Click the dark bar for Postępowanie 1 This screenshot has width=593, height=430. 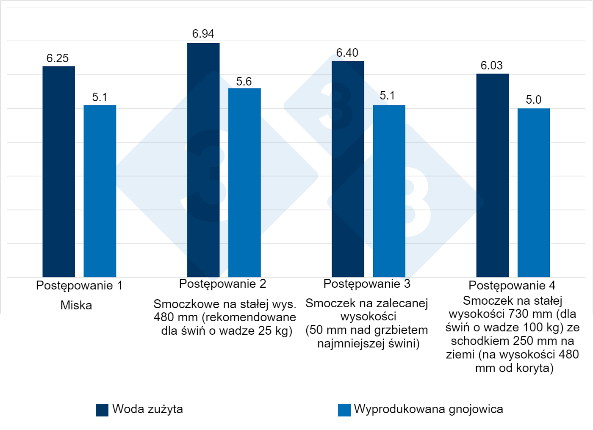[x=58, y=171]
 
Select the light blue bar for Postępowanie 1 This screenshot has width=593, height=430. [x=100, y=191]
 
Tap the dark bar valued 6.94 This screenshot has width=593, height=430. [x=203, y=160]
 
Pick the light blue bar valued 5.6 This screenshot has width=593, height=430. [x=244, y=182]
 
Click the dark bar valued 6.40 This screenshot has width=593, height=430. [x=348, y=169]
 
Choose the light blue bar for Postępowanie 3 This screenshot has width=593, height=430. [x=389, y=191]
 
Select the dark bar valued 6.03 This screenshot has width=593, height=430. [x=492, y=175]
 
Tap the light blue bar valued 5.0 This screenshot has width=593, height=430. [x=533, y=193]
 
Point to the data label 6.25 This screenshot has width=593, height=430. [x=58, y=58]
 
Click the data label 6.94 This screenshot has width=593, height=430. [x=203, y=34]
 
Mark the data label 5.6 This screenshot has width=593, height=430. [x=244, y=81]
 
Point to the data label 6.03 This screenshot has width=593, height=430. [x=491, y=66]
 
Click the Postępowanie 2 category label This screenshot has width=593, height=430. [x=222, y=284]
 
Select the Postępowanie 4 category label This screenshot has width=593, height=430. [x=512, y=285]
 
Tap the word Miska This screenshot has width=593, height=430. [x=76, y=305]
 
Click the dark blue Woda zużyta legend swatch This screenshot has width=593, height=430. [x=102, y=410]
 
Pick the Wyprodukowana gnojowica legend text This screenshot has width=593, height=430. [x=428, y=409]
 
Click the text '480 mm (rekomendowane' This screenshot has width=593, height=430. [x=224, y=317]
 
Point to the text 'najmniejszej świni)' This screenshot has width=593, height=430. [x=368, y=344]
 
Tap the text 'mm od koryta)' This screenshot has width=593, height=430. [x=514, y=368]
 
